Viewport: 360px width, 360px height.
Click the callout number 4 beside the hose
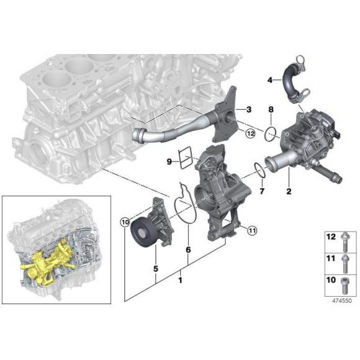[270, 80]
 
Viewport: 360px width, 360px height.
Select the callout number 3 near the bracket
[248, 109]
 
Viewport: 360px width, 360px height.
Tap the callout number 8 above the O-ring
[271, 110]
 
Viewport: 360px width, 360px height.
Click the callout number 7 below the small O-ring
[262, 191]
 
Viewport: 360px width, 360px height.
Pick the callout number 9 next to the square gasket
[169, 161]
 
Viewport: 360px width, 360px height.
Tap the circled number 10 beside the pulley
[124, 222]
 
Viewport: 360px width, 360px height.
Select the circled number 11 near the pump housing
[251, 231]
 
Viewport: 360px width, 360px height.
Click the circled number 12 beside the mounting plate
[249, 133]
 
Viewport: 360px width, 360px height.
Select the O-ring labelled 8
[271, 132]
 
